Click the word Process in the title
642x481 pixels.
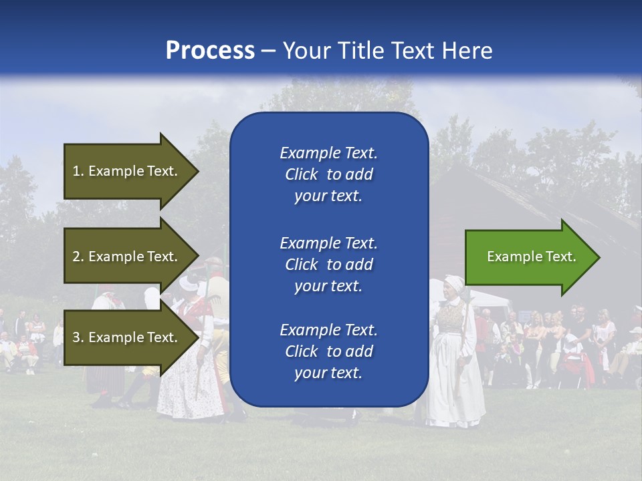[x=210, y=51]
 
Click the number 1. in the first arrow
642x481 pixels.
[x=78, y=171]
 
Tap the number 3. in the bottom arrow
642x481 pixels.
[x=78, y=337]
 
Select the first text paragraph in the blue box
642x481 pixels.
[x=328, y=174]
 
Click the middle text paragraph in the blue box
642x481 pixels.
[x=328, y=265]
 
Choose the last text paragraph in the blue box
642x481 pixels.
[x=328, y=351]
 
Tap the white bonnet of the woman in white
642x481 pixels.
[x=455, y=284]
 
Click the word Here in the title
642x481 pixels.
[x=467, y=51]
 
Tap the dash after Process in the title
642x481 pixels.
[x=268, y=51]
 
